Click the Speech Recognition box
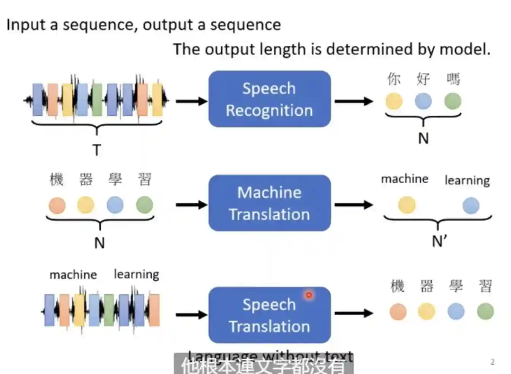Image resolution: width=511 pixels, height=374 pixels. [x=270, y=99]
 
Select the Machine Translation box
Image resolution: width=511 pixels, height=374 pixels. [x=270, y=203]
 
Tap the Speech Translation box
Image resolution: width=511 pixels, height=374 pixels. [x=270, y=315]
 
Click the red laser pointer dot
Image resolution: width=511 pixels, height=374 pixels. [x=309, y=295]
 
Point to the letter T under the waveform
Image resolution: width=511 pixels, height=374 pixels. [x=97, y=150]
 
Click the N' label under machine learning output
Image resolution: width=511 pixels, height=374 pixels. [x=439, y=241]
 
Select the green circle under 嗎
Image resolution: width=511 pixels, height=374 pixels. [x=453, y=101]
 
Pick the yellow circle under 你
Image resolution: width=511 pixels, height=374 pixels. [x=394, y=101]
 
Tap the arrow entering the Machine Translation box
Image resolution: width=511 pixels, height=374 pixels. [x=191, y=205]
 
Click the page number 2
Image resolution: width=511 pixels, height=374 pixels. [x=492, y=362]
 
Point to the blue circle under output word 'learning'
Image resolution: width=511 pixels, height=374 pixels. [x=471, y=206]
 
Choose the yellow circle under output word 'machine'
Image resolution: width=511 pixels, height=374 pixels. [x=407, y=205]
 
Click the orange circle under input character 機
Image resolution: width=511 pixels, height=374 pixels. [x=57, y=205]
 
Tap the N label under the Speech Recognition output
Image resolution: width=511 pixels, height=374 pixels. [x=423, y=138]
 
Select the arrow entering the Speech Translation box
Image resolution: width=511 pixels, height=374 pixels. [x=191, y=314]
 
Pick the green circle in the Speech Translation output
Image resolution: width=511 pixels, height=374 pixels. [x=485, y=311]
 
